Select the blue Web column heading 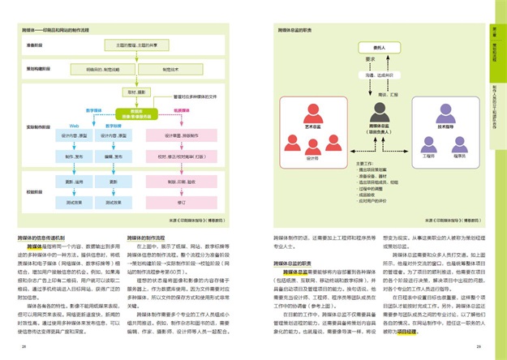coord(72,126)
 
